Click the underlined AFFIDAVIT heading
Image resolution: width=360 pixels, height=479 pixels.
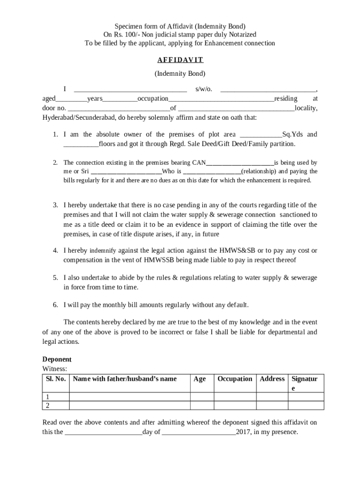pos(180,60)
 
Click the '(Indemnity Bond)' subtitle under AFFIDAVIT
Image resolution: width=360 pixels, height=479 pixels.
pos(180,73)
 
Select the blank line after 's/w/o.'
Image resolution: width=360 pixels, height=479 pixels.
pos(268,89)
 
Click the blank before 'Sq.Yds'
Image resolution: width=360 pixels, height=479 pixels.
pos(260,135)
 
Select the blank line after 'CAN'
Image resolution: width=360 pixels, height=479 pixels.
pos(240,163)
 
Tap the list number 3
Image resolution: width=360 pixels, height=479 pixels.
pos(55,205)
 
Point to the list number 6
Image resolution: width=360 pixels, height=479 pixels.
pos(55,305)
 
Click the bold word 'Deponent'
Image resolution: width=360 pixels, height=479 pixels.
pos(57,359)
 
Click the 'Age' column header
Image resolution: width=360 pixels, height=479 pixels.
pos(200,379)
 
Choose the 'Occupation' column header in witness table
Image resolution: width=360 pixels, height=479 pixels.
pos(235,379)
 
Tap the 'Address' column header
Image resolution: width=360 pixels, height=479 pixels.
pos(272,379)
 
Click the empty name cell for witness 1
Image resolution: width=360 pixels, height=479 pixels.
pos(130,397)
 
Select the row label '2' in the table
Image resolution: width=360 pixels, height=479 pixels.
pos(47,405)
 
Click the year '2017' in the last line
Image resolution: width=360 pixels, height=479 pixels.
pos(243,432)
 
